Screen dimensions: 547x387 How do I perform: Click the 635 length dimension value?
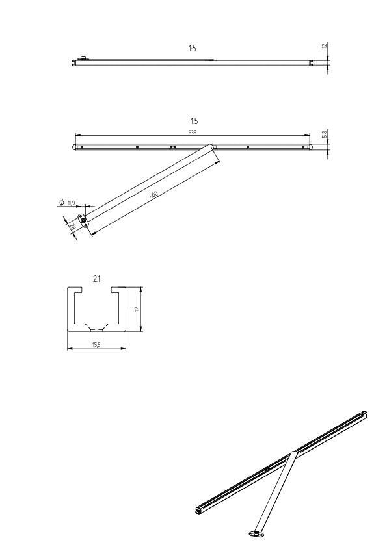click(193, 132)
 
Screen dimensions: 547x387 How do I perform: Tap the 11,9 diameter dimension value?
click(72, 203)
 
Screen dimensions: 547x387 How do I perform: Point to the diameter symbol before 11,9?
click(61, 203)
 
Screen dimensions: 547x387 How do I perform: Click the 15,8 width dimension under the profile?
click(97, 344)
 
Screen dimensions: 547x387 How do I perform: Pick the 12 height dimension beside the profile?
click(137, 309)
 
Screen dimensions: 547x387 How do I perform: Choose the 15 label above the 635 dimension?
click(194, 121)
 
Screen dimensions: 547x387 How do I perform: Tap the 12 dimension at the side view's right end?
click(324, 47)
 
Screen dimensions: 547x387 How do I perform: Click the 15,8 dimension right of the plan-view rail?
click(324, 134)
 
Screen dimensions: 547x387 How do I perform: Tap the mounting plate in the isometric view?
click(256, 534)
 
